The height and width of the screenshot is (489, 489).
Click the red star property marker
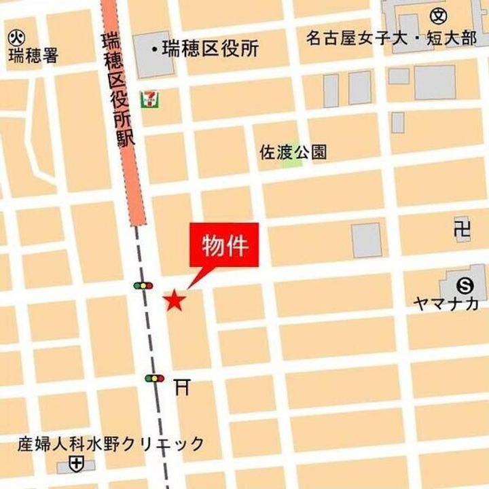(175, 300)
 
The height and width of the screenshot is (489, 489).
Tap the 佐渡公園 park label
(293, 152)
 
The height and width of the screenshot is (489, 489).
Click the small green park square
(291, 162)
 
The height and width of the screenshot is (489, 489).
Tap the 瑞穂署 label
(33, 55)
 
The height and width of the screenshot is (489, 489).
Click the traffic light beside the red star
(143, 286)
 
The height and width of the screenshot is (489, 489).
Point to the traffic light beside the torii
(155, 378)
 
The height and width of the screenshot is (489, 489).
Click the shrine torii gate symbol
(181, 386)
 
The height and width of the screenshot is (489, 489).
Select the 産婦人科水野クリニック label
(111, 445)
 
